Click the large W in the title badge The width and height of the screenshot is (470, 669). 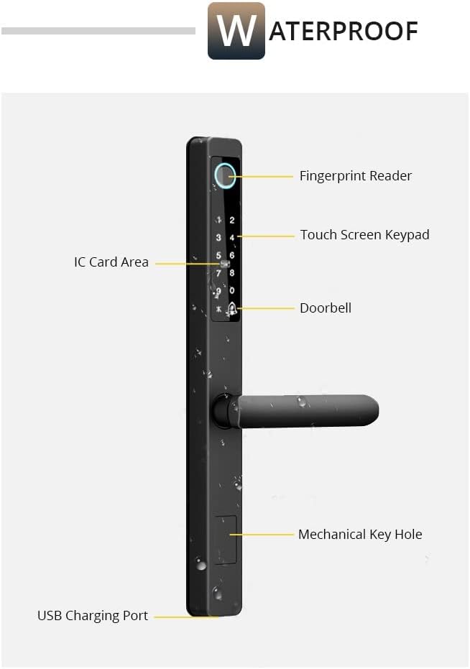(x=236, y=31)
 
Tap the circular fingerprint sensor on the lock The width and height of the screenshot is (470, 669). (x=226, y=175)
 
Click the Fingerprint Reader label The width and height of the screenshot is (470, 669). (x=355, y=176)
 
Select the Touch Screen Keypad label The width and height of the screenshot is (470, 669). (x=364, y=235)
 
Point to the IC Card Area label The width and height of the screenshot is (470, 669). (x=111, y=262)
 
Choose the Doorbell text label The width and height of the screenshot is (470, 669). (x=326, y=308)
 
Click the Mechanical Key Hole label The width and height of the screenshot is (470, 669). (x=360, y=535)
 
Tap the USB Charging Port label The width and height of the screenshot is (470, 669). (x=93, y=616)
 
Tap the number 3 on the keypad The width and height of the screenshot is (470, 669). (x=218, y=238)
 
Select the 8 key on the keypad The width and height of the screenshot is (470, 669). (x=231, y=273)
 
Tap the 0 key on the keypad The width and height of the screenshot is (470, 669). (x=231, y=290)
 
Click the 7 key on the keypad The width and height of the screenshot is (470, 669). (x=218, y=273)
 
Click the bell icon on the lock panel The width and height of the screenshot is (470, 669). (x=232, y=309)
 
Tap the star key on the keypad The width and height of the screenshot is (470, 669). (x=218, y=310)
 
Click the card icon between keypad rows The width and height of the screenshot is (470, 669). (x=225, y=264)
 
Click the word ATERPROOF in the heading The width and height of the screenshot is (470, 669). (x=344, y=31)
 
